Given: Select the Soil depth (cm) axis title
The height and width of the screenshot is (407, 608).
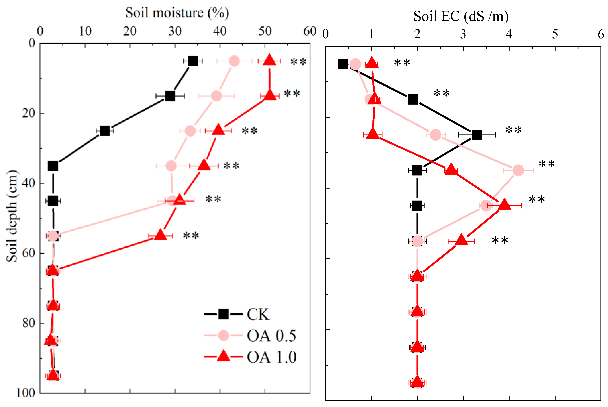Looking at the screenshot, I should [x=12, y=216].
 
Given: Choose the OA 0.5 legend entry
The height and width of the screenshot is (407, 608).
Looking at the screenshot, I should [x=271, y=336].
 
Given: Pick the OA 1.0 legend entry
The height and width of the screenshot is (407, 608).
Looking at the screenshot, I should [x=271, y=357].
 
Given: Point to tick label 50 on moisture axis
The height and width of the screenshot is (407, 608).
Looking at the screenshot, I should [x=265, y=31].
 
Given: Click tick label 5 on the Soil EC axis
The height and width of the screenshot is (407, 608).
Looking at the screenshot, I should [x=555, y=34].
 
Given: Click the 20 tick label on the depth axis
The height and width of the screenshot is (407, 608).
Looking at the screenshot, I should [x=28, y=113].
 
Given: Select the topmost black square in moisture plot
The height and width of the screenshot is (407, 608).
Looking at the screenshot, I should [x=193, y=61].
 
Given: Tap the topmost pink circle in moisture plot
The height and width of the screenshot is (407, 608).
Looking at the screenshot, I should [x=234, y=61].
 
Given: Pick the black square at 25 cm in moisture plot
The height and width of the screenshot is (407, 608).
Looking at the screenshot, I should [x=105, y=131].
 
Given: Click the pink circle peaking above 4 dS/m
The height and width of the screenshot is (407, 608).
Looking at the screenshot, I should [x=518, y=170].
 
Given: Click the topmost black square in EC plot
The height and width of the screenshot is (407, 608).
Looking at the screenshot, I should [x=343, y=64].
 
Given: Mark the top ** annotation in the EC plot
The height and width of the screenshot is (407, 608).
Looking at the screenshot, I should [x=402, y=63].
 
